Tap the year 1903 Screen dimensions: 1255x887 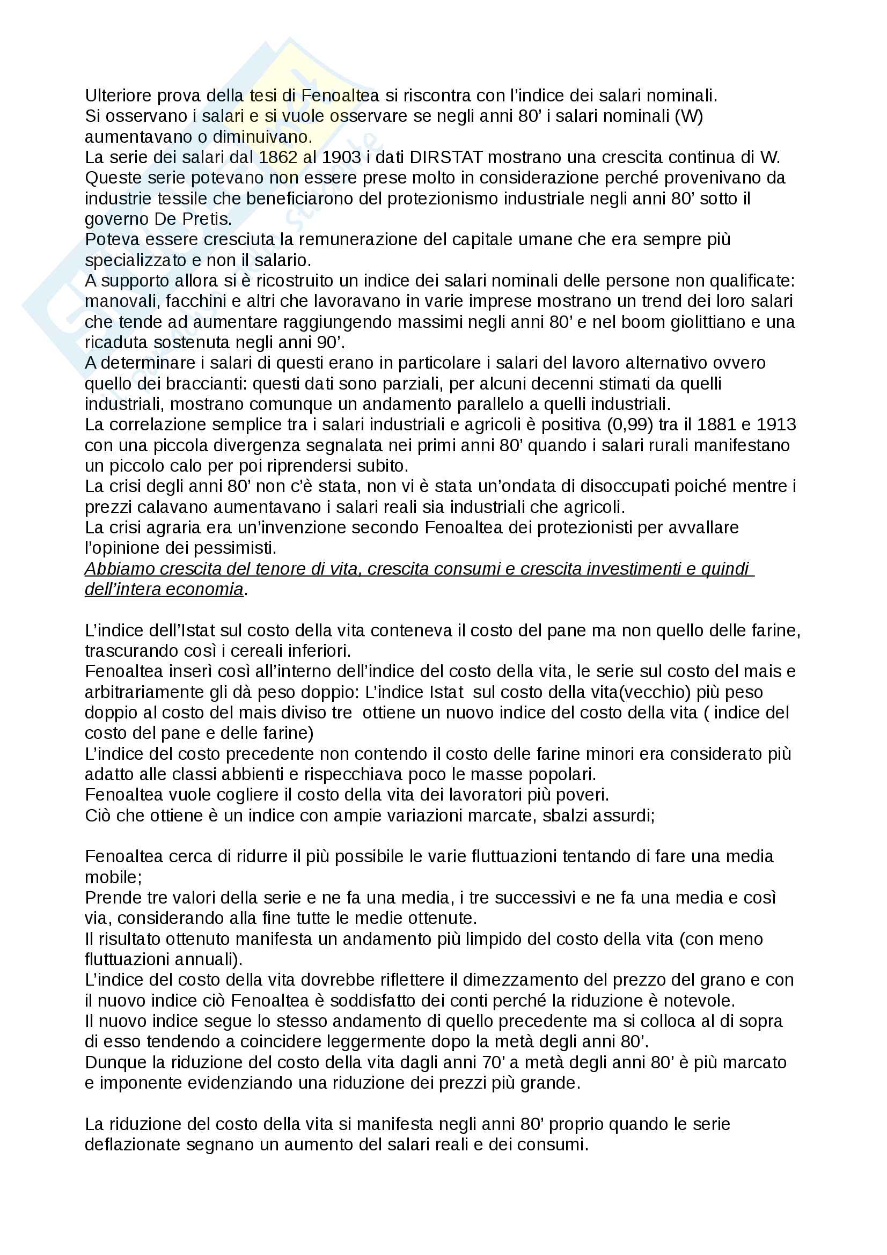(341, 157)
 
